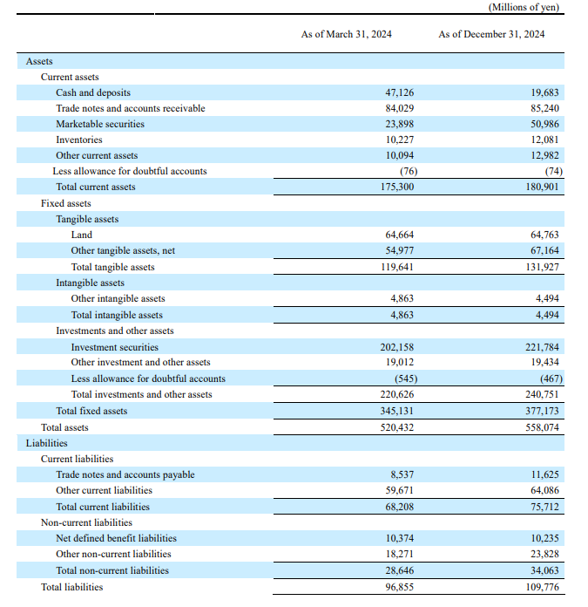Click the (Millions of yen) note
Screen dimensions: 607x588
coord(524,7)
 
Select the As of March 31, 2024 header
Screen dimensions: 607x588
coord(346,34)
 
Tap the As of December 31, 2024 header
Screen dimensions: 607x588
coord(491,34)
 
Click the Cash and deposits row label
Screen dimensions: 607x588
coord(93,92)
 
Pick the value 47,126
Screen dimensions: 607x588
coord(400,92)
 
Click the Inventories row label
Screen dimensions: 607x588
coord(79,140)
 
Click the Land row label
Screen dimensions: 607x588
coord(82,235)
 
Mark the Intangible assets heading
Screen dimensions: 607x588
coord(90,283)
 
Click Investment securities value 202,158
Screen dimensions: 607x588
coord(396,347)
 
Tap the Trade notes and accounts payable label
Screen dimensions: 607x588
coord(125,474)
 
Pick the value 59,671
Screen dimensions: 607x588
coord(400,490)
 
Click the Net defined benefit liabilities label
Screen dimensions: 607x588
coord(116,538)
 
